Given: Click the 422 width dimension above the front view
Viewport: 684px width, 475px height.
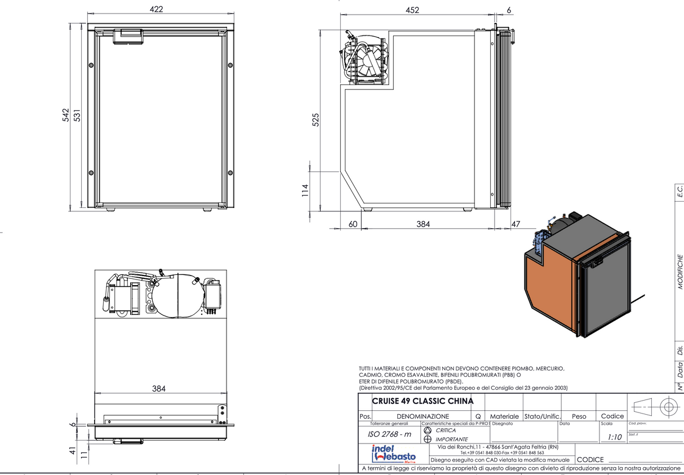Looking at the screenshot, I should coord(157,9).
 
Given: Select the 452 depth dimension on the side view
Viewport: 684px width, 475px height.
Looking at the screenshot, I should coord(412,9).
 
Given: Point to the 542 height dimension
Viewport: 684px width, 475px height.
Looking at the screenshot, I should coord(65,115).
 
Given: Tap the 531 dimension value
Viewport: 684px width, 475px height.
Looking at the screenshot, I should coord(78,115).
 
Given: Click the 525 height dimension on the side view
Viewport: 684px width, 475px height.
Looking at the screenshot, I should coord(316,119).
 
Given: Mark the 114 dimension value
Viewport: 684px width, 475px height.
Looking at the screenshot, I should coord(305,190).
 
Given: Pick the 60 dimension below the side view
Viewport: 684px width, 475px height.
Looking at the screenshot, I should coord(353,224).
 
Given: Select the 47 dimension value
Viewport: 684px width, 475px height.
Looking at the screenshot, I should coord(516,224).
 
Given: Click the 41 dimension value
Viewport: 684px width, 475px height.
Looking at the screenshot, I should coord(72,451).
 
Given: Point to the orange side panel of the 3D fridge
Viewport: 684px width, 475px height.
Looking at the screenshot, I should coord(549,287).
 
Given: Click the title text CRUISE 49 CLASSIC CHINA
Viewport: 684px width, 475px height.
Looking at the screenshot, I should coord(423,401).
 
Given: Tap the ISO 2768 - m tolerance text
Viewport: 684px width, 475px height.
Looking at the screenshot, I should coord(389,434).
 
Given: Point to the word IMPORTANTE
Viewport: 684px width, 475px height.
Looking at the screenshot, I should coord(451,440).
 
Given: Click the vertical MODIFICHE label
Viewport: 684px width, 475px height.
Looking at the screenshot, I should coord(680,270).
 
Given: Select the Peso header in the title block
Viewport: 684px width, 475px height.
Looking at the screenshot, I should coord(579,416).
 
